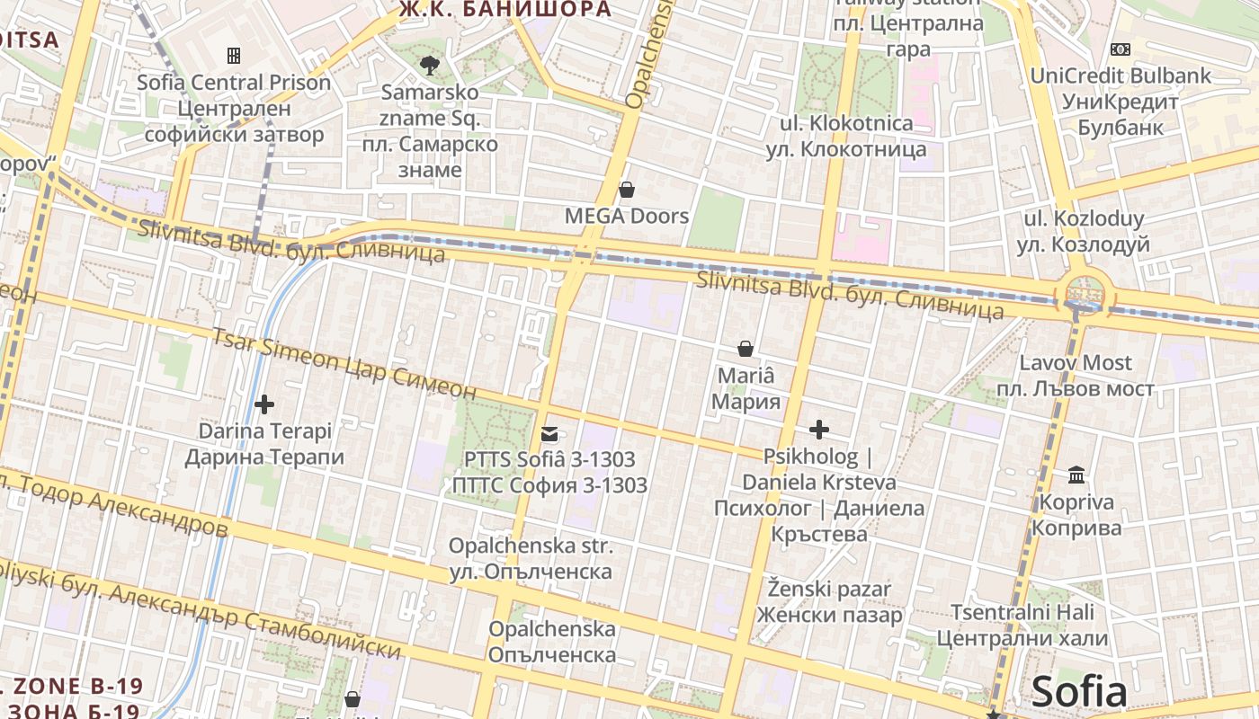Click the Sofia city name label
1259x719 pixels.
(1078, 692)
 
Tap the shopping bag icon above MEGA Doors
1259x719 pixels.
(627, 190)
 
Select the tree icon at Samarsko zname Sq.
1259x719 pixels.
(430, 65)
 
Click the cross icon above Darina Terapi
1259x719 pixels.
(264, 404)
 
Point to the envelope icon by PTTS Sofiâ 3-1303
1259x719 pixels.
(549, 434)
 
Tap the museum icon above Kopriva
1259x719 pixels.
(1076, 475)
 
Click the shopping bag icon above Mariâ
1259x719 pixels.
(746, 348)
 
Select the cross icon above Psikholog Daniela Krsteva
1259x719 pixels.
(818, 430)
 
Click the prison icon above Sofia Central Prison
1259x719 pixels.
(234, 56)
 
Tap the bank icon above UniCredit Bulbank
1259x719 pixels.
(1121, 49)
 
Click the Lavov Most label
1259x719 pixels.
(1075, 376)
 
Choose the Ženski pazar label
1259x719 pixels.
(828, 602)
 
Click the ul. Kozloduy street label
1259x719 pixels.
(1084, 231)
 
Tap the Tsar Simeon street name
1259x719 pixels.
(343, 363)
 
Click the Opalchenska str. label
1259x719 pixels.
(531, 558)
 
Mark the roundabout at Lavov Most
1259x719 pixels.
(1085, 292)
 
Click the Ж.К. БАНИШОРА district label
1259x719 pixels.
(505, 10)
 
